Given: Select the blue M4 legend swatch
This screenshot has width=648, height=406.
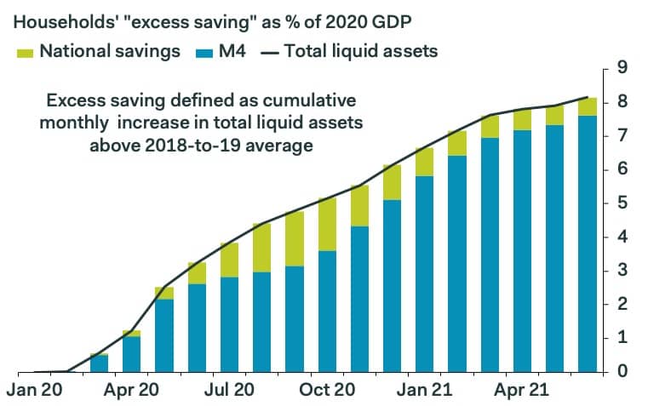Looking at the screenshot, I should tap(202, 51).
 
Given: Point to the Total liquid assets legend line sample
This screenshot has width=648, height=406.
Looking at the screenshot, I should tap(270, 51).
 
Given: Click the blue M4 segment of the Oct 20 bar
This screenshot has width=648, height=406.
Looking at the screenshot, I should tap(327, 311).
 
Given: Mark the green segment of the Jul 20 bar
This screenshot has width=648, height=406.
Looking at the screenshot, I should tap(230, 260).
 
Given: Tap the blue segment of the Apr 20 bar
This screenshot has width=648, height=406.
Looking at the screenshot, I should tap(132, 354).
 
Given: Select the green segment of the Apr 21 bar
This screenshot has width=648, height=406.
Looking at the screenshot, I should tap(521, 120).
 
